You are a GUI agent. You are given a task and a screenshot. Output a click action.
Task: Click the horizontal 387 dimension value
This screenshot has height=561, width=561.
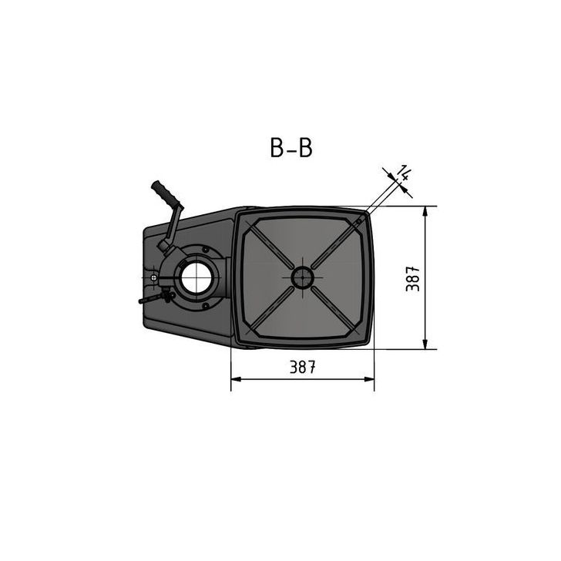[303, 368]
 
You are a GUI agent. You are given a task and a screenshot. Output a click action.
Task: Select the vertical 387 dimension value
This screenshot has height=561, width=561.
[414, 277]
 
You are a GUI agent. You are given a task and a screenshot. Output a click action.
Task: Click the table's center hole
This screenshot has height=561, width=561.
[302, 277]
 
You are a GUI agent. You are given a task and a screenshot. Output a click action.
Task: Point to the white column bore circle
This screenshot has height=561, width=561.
[196, 277]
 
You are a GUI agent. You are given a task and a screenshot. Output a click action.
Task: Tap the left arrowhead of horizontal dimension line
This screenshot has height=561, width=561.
[236, 379]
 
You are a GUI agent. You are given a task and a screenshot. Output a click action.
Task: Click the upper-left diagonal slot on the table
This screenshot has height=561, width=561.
[267, 241]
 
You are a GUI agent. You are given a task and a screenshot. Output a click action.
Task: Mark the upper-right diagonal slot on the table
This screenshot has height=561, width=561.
[338, 241]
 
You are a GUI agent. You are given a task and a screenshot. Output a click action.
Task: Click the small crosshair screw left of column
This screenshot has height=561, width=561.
[155, 277]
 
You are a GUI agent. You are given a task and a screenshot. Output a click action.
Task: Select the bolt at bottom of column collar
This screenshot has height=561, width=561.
[205, 306]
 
